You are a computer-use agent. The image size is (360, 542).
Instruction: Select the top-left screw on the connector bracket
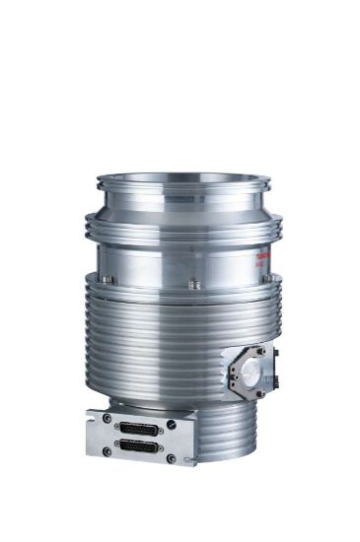(x=108, y=418)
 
